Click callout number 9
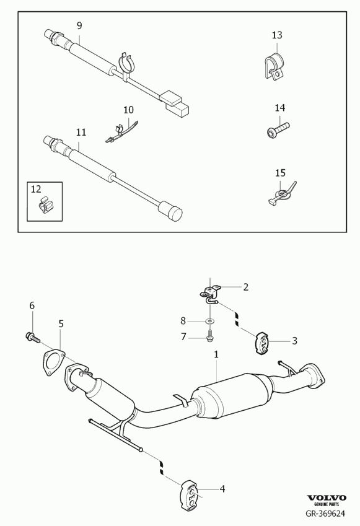79,25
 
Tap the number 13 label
277,35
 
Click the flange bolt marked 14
278,129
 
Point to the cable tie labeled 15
283,193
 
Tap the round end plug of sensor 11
170,209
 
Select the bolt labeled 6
33,337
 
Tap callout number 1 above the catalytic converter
216,354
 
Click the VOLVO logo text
327,498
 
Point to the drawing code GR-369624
325,514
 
